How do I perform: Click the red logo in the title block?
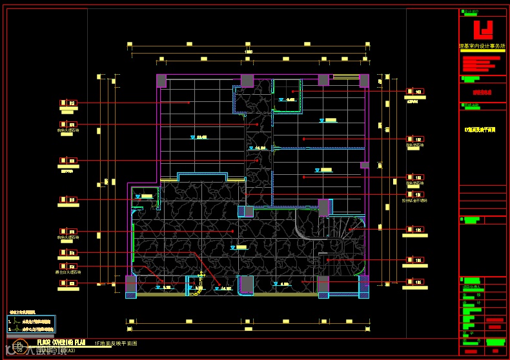click(484, 30)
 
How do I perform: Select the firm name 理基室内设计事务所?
click(483, 46)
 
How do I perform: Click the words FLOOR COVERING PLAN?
click(61, 343)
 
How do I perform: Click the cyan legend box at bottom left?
click(31, 324)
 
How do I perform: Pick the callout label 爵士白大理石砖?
click(68, 273)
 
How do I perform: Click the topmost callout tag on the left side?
click(68, 103)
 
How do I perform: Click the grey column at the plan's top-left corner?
click(161, 81)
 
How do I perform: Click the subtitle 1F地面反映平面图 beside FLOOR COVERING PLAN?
click(116, 343)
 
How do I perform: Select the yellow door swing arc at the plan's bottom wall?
click(192, 286)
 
